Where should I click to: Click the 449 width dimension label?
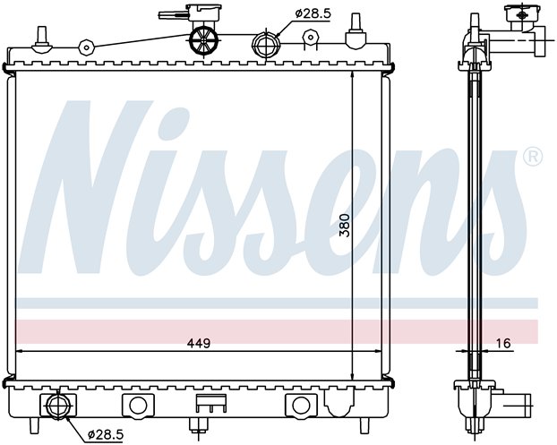pyautogui.click(x=199, y=343)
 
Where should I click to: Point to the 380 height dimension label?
pyautogui.click(x=344, y=225)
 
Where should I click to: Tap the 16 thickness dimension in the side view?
pyautogui.click(x=504, y=343)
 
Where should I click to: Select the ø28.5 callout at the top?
pyautogui.click(x=313, y=13)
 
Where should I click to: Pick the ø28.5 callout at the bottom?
pyautogui.click(x=106, y=434)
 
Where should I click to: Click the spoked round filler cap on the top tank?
pyautogui.click(x=203, y=41)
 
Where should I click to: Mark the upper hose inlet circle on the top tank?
pyautogui.click(x=266, y=44)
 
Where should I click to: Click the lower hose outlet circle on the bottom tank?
pyautogui.click(x=57, y=406)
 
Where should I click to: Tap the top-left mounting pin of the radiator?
pyautogui.click(x=42, y=39)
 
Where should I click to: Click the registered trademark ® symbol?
pyautogui.click(x=533, y=157)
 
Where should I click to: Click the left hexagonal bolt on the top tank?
pyautogui.click(x=86, y=47)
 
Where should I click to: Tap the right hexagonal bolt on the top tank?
pyautogui.click(x=310, y=37)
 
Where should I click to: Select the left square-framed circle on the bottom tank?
pyautogui.click(x=138, y=405)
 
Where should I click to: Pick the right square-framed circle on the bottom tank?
pyautogui.click(x=301, y=405)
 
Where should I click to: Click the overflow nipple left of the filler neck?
pyautogui.click(x=174, y=15)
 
